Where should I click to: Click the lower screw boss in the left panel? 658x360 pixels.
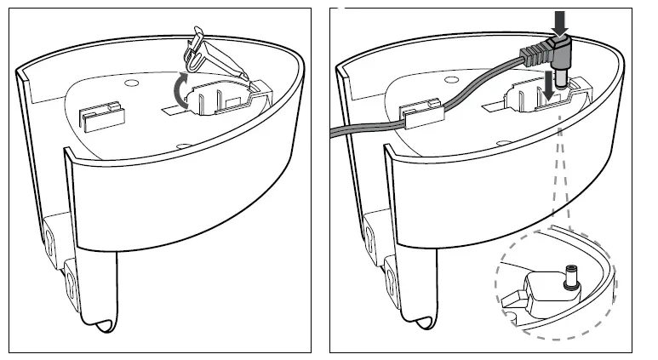click(x=72, y=283)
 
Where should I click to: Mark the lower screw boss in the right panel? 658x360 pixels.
click(x=392, y=282)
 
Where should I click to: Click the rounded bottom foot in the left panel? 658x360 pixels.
click(x=104, y=326)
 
